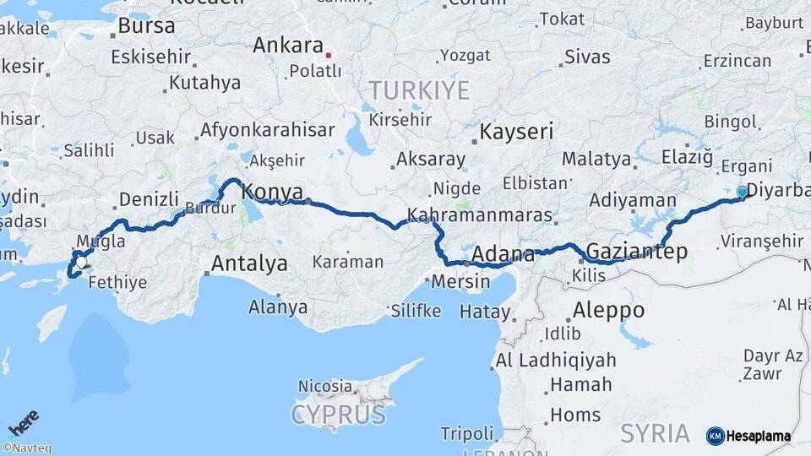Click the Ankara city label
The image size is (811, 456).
pyautogui.click(x=287, y=45)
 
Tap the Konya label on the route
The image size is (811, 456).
pyautogui.click(x=272, y=193)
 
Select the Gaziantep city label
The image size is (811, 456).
pyautogui.click(x=636, y=252)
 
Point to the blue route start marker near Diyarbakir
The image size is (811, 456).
pyautogui.click(x=742, y=192)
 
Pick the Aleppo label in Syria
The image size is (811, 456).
pyautogui.click(x=608, y=310)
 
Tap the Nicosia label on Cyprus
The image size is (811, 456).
pyautogui.click(x=324, y=385)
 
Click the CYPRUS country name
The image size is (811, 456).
pyautogui.click(x=338, y=415)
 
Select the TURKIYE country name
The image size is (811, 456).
pyautogui.click(x=418, y=90)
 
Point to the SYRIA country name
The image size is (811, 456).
pyautogui.click(x=655, y=433)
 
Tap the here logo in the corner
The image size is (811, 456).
pyautogui.click(x=23, y=421)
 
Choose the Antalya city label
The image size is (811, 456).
pyautogui.click(x=249, y=263)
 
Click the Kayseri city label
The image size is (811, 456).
pyautogui.click(x=516, y=132)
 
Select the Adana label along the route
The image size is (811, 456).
pyautogui.click(x=502, y=253)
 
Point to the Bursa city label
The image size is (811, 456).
pyautogui.click(x=146, y=25)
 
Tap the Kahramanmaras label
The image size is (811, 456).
pyautogui.click(x=479, y=216)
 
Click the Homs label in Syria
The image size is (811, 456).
pyautogui.click(x=575, y=415)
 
